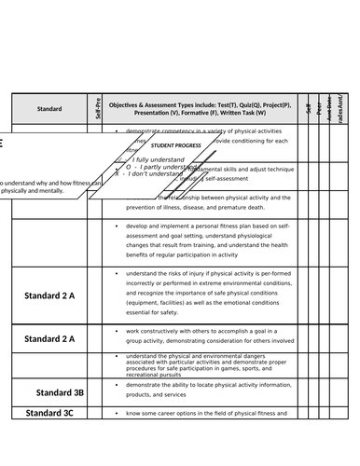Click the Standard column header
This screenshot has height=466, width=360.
(49, 109)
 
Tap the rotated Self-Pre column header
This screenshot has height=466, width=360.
(99, 108)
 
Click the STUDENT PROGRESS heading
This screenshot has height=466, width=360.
(175, 146)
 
